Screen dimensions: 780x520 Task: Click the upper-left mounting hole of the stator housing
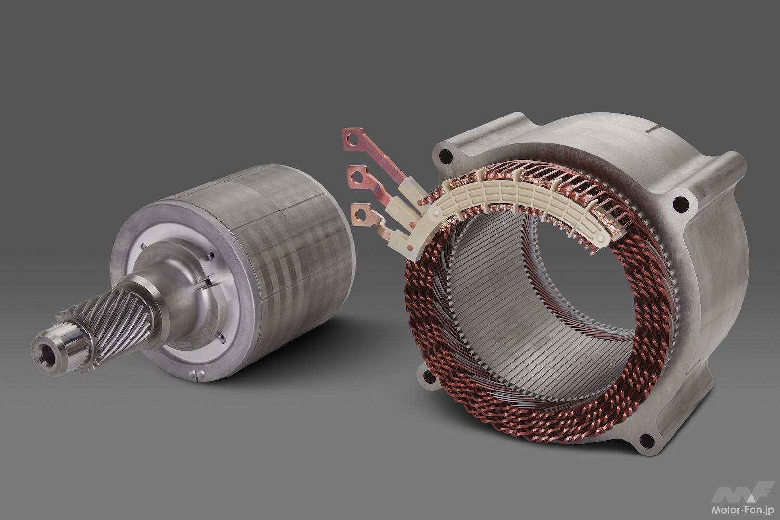tap(445, 156)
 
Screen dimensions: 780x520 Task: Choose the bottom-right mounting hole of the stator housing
tap(645, 439)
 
